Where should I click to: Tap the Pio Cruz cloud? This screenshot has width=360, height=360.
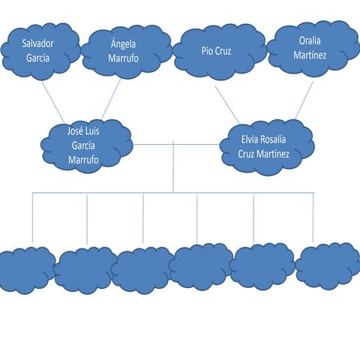point(217,51)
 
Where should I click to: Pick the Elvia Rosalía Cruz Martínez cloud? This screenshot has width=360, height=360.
point(262,145)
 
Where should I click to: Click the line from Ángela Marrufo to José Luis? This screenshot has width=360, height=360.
point(111,99)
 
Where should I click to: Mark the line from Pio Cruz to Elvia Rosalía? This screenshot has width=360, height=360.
point(227,104)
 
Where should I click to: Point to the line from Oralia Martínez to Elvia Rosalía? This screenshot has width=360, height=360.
point(304,100)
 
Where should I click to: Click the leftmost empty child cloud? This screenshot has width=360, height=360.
point(25,270)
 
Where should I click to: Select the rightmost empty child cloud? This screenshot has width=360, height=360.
point(328,265)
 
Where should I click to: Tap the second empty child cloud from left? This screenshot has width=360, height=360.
point(85,270)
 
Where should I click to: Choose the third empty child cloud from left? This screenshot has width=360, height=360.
point(142,270)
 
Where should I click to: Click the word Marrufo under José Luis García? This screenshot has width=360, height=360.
point(83,160)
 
